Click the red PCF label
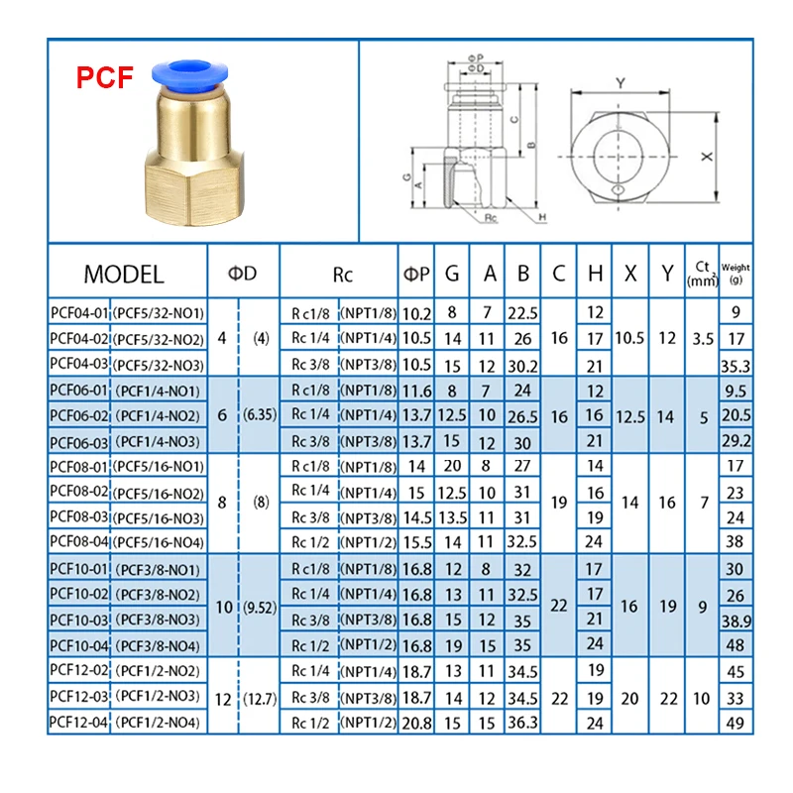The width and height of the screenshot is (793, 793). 105,77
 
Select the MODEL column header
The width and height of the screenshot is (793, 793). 124,275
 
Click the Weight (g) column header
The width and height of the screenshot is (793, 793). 736,274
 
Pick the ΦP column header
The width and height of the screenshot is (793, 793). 415,275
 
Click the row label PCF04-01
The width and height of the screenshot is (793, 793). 79,313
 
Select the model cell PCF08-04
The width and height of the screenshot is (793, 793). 79,541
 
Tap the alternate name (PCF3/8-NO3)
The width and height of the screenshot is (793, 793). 158,621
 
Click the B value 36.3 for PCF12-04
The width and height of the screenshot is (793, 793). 522,723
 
